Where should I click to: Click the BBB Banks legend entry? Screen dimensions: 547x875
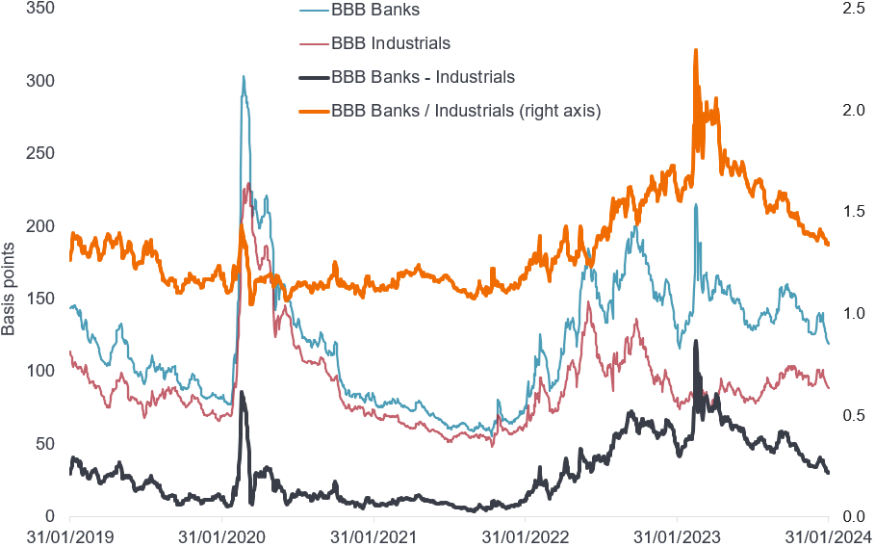coord(375,11)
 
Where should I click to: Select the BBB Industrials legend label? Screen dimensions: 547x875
coord(390,43)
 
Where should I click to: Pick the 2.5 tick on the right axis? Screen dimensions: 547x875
coord(850,8)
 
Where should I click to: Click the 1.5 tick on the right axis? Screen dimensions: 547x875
coord(850,211)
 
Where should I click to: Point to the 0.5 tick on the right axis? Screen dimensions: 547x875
coord(850,414)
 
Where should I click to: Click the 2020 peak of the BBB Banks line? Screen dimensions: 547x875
coord(244,77)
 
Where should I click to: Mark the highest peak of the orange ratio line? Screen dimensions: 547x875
coord(695,50)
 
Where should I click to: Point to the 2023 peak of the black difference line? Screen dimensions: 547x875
coord(695,341)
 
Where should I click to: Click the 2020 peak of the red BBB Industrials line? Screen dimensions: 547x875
coord(248,184)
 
